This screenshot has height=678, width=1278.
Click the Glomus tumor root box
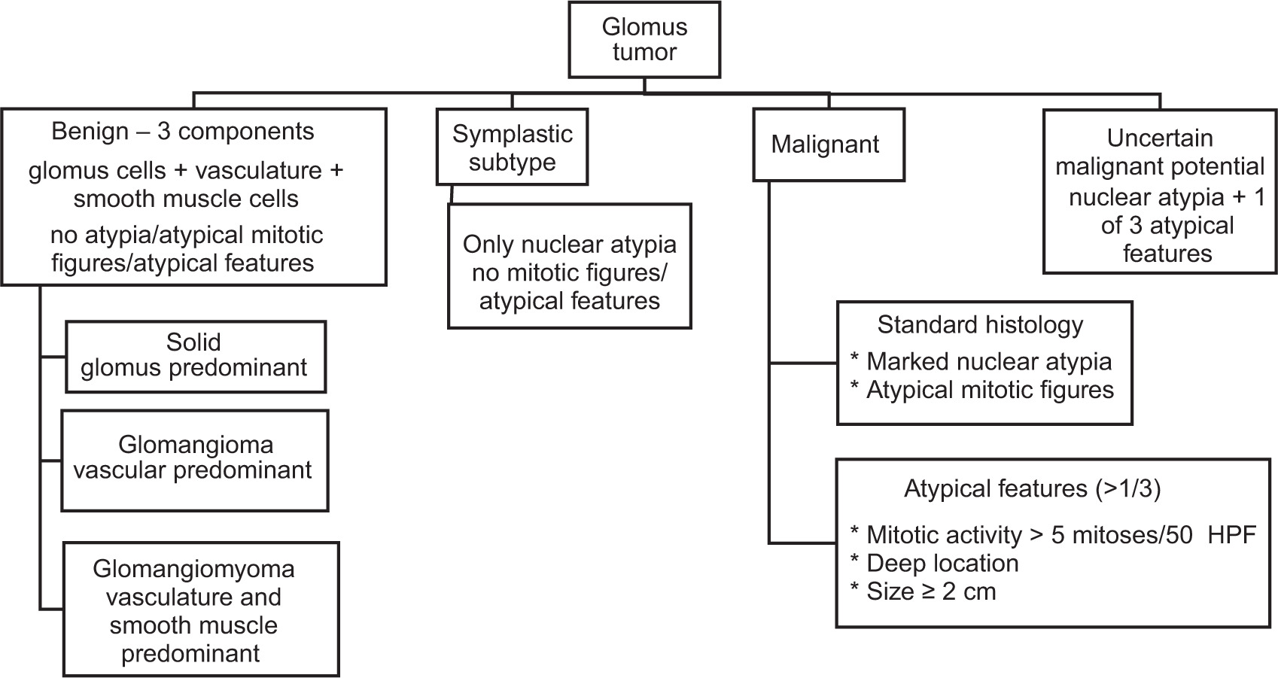coord(644,40)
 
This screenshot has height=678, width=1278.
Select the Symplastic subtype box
coord(512,147)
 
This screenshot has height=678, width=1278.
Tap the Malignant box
coord(828,144)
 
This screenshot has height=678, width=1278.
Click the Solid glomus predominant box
coord(196,357)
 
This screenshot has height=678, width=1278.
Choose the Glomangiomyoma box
coord(201,609)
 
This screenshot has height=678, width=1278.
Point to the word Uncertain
coord(1159,138)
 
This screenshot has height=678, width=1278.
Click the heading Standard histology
coord(980,325)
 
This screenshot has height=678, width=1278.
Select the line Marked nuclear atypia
coord(988,362)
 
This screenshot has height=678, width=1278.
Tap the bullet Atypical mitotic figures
coord(990,391)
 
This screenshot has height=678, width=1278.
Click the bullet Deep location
coord(942,564)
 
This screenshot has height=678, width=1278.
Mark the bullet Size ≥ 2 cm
coord(931,592)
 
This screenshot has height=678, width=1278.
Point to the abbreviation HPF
coord(1231,535)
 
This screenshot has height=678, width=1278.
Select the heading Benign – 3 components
coord(183,132)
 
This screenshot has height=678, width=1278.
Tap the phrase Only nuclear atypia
coord(569,245)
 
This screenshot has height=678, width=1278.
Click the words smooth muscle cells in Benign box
coord(186,199)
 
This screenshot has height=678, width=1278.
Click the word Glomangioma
coord(195,445)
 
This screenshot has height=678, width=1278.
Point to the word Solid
coord(193,342)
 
